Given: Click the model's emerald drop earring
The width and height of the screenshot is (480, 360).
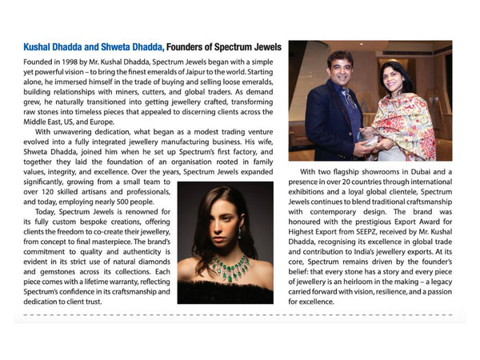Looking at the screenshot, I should coord(239,234).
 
